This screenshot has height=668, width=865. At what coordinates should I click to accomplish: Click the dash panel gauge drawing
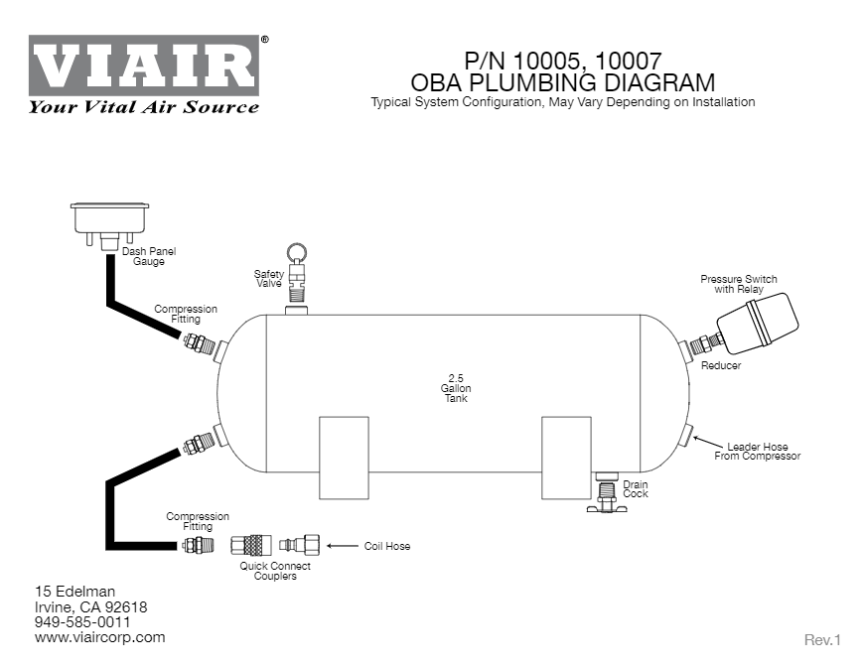pos(109,218)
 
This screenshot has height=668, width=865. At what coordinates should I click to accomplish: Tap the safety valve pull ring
pos(297,253)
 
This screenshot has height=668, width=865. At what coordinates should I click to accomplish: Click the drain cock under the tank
pos(606,493)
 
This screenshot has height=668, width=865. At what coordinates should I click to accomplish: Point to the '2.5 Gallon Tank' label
pos(456,388)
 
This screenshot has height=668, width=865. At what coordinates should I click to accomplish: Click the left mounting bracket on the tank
pos(344,457)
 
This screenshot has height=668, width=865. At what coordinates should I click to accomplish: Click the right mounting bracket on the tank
pos(566,457)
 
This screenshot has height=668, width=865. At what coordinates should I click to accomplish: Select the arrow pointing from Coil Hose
pos(342,546)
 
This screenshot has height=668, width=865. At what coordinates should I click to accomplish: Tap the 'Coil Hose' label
pos(386,546)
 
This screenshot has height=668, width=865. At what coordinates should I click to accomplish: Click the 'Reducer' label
pos(720,366)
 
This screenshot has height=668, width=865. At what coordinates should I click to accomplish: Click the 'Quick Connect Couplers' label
pos(275,571)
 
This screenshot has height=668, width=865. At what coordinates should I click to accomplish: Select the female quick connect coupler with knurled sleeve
pos(251,545)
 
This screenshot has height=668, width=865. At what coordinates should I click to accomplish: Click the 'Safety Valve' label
pos(268,279)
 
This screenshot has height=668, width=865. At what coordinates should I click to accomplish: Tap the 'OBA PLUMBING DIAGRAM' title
pos(562,81)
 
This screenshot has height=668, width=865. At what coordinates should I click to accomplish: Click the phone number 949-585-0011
pos(82,622)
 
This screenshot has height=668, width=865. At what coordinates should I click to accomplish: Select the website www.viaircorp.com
pos(99,637)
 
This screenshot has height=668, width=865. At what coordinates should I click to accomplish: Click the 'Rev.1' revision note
pos(821,640)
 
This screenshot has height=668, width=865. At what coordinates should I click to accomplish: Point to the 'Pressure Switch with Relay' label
pos(739,284)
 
